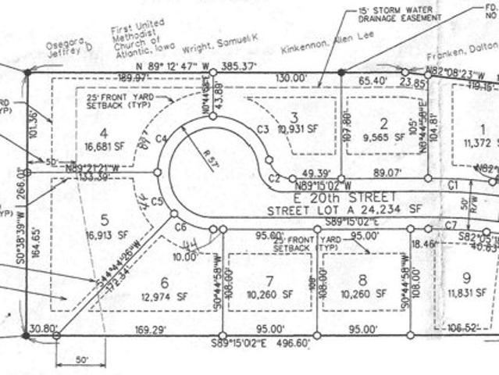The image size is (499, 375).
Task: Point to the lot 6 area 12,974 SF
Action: pyautogui.click(x=164, y=296)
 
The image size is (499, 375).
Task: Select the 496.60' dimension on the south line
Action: pyautogui.click(x=295, y=343)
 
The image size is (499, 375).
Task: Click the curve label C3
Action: pyautogui.click(x=262, y=128)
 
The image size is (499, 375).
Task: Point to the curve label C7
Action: pyautogui.click(x=450, y=225)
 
